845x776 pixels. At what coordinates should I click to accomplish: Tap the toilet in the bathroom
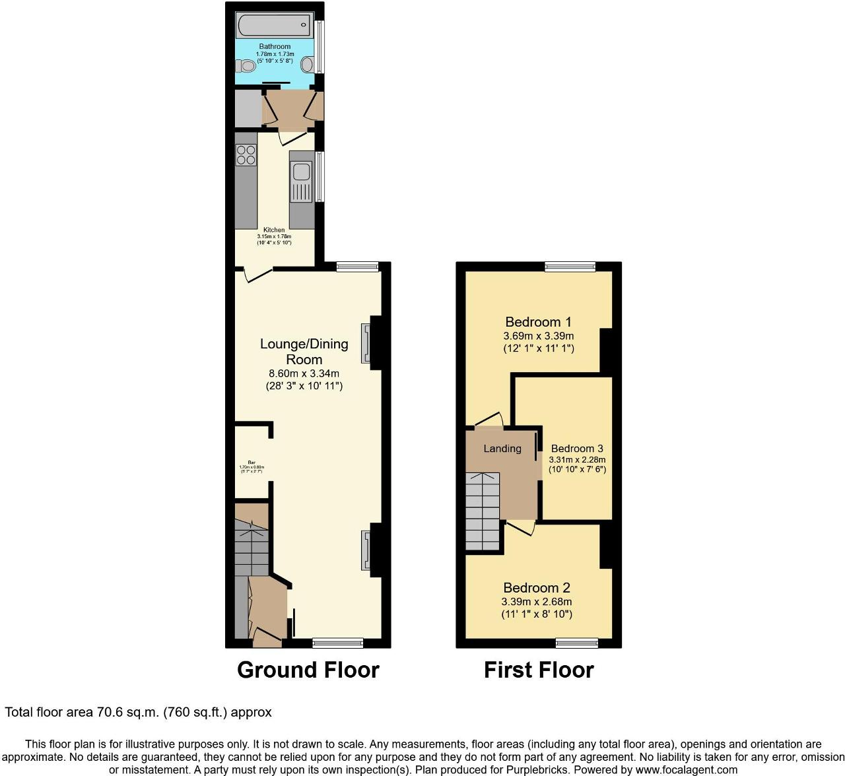pyautogui.click(x=244, y=65)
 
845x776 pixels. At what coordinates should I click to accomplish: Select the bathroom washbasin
pyautogui.click(x=307, y=65)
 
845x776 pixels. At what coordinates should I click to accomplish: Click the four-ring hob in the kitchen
pyautogui.click(x=246, y=154)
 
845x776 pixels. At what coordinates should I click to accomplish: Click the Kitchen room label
pyautogui.click(x=274, y=230)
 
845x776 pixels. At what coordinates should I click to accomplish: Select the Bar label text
pyautogui.click(x=251, y=462)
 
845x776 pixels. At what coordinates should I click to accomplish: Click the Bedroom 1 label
pyautogui.click(x=538, y=322)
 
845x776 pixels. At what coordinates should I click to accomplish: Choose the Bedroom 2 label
pyautogui.click(x=536, y=588)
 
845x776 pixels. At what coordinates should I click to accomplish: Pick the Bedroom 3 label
pyautogui.click(x=577, y=449)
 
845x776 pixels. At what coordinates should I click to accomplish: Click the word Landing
pyautogui.click(x=502, y=449)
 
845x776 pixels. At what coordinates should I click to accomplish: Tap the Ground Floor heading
pyautogui.click(x=308, y=670)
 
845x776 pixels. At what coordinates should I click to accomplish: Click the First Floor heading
pyautogui.click(x=539, y=670)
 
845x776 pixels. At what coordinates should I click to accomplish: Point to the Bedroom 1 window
pyautogui.click(x=570, y=267)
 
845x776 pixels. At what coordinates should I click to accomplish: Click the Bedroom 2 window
pyautogui.click(x=576, y=643)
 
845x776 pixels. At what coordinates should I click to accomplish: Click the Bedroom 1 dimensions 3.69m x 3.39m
pyautogui.click(x=538, y=336)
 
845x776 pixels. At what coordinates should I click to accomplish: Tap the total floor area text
pyautogui.click(x=139, y=713)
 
